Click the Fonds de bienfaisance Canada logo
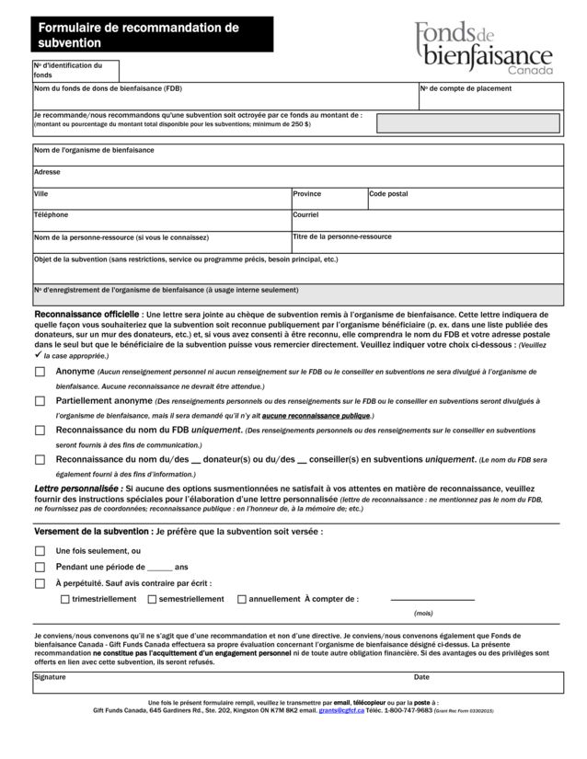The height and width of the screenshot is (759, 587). pyautogui.click(x=482, y=50)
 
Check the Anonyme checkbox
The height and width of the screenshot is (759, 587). pyautogui.click(x=40, y=372)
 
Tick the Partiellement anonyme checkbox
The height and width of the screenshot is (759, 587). pyautogui.click(x=40, y=401)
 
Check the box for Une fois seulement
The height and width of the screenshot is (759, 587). pyautogui.click(x=40, y=551)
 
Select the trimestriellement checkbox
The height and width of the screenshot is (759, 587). pyautogui.click(x=64, y=599)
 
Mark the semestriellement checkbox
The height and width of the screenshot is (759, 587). pyautogui.click(x=152, y=599)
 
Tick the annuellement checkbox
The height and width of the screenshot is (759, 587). pyautogui.click(x=242, y=599)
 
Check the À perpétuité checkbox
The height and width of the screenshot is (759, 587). pyautogui.click(x=40, y=583)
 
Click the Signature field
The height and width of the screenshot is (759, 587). pyautogui.click(x=221, y=684)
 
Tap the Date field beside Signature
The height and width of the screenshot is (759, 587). pyautogui.click(x=488, y=684)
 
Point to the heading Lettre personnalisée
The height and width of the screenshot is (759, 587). pyautogui.click(x=77, y=487)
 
